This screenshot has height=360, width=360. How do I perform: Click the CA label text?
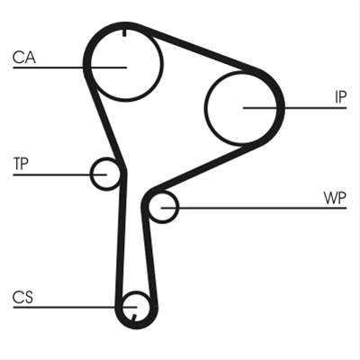pyautogui.click(x=24, y=58)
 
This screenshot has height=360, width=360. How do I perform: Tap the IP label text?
pyautogui.click(x=340, y=97)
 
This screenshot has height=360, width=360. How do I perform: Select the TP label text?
pyautogui.click(x=21, y=164)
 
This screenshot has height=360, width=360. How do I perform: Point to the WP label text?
pyautogui.click(x=335, y=198)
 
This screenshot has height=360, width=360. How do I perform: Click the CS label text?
pyautogui.click(x=22, y=297)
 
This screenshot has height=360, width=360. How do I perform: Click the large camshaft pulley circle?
pyautogui.click(x=163, y=65)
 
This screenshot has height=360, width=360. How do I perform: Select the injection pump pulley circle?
pyautogui.click(x=206, y=107)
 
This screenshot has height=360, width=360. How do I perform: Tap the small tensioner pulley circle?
pyautogui.click(x=91, y=174)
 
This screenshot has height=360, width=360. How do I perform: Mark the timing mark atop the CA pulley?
pyautogui.click(x=124, y=32)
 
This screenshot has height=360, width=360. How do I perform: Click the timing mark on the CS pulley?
pyautogui.click(x=134, y=317)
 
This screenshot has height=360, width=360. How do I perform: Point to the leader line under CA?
pyautogui.click(x=69, y=67)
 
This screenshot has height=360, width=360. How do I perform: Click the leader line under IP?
pyautogui.click(x=294, y=108)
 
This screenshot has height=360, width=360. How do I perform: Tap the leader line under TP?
pyautogui.click(x=59, y=175)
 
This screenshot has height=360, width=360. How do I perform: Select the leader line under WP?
pyautogui.click(x=254, y=208)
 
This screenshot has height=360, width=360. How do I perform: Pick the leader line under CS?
pyautogui.click(x=75, y=307)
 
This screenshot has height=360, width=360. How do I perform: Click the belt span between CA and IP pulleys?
pyautogui.click(x=198, y=49)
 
